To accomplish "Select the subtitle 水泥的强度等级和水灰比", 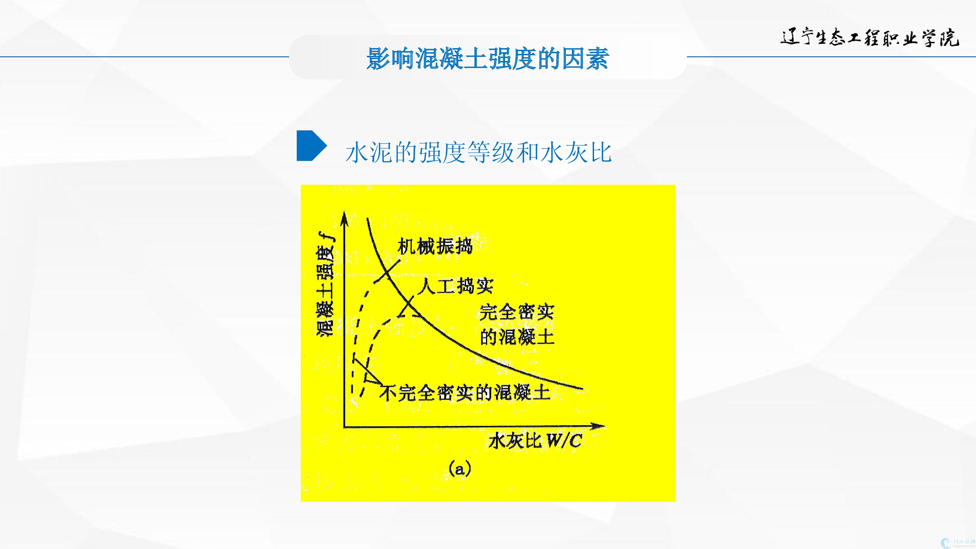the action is point(478,152).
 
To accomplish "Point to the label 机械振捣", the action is point(435,246).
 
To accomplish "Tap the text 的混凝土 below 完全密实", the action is point(517,336).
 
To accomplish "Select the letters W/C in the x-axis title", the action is point(564,441).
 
